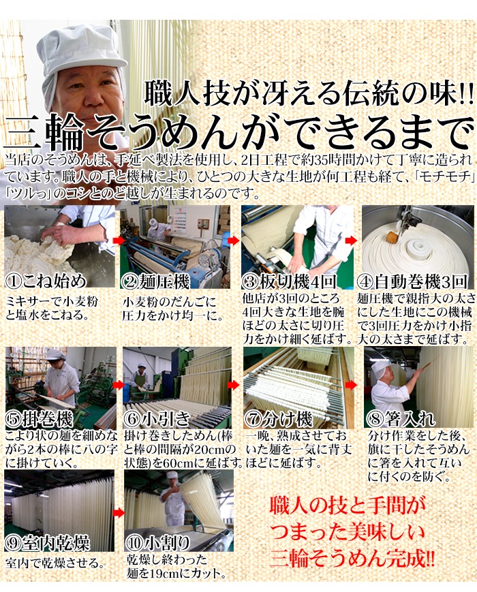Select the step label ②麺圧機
pos(155,281)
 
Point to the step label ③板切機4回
pos(289,281)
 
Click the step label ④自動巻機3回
pos(412,281)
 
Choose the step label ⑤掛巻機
pos(39,420)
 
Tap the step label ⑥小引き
pos(157,419)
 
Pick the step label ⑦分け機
pos(278,419)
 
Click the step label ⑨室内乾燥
pos(48,544)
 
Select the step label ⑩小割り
pos(157,544)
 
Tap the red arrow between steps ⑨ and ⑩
pos(119,513)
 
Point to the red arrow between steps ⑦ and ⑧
pos(351,385)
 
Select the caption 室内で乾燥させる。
pos(55,563)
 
